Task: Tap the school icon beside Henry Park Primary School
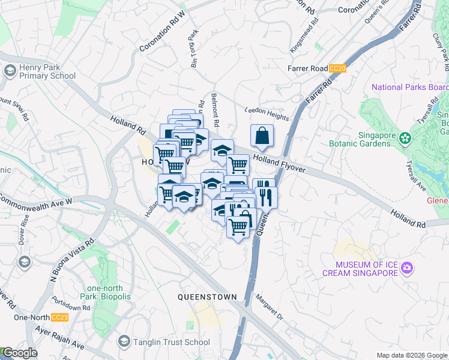click(x=10, y=71)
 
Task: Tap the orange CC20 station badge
click(x=339, y=69)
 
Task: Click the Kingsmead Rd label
click(x=303, y=38)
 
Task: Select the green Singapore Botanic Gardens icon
click(x=406, y=139)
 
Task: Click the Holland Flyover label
click(x=279, y=163)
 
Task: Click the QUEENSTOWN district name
click(x=207, y=297)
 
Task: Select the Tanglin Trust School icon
click(x=124, y=342)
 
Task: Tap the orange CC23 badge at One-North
click(x=59, y=317)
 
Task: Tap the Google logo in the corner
click(x=19, y=353)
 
